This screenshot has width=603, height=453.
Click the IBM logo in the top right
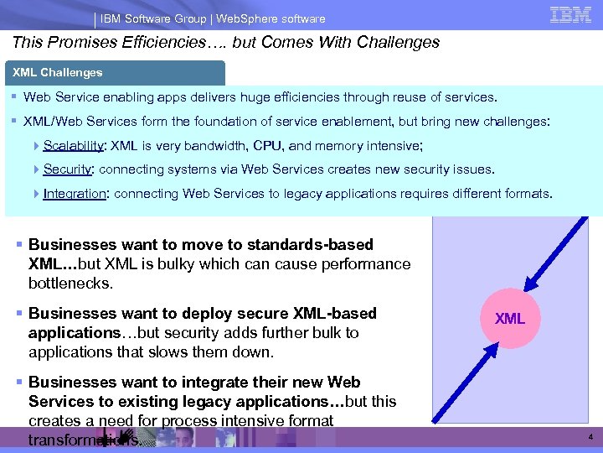570,14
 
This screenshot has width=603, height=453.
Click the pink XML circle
509,319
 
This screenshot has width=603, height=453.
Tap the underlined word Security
68,169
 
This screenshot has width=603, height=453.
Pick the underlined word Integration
75,194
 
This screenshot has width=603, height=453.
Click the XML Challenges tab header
58,73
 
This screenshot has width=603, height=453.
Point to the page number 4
590,438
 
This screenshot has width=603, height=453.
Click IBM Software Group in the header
147,18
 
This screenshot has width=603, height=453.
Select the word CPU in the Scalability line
267,146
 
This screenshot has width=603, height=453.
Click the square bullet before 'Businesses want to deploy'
19,314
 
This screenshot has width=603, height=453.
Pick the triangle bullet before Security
37,169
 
